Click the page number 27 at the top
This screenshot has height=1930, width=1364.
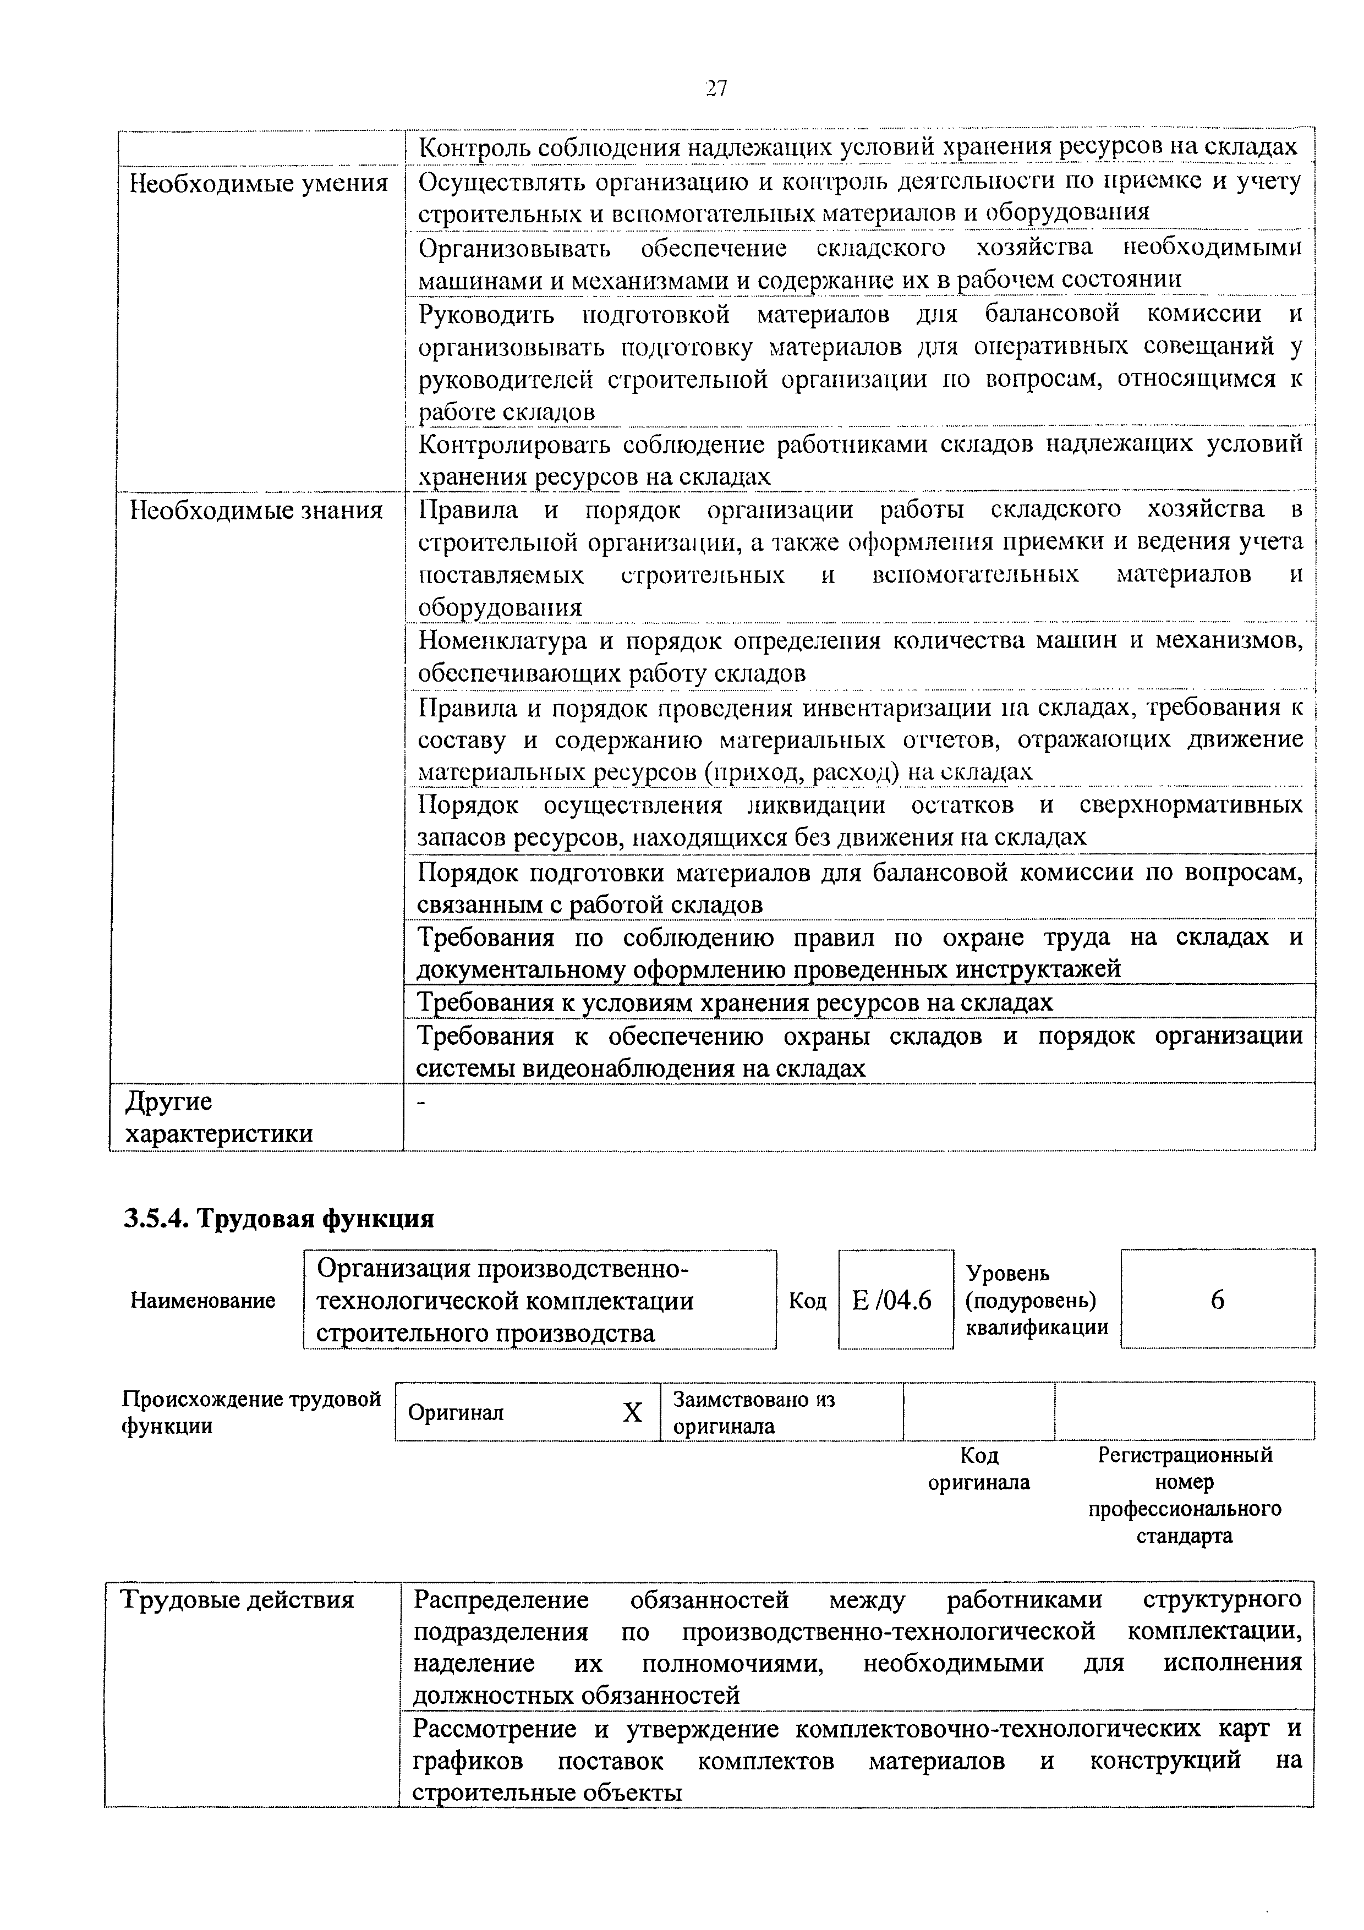[x=716, y=87]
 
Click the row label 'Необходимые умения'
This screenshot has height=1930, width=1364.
[x=259, y=183]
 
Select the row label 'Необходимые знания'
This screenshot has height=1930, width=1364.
[x=256, y=510]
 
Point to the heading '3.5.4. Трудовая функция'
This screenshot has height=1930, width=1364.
[x=279, y=1218]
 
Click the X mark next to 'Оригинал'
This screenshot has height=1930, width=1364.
[x=632, y=1413]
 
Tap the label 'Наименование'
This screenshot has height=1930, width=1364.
[x=202, y=1301]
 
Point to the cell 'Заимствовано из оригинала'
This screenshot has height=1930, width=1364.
[x=754, y=1413]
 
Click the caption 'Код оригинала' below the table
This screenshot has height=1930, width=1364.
[x=979, y=1468]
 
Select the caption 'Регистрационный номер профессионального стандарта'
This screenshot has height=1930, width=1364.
[x=1185, y=1495]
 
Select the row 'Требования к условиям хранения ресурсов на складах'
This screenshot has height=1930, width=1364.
[x=735, y=1002]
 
